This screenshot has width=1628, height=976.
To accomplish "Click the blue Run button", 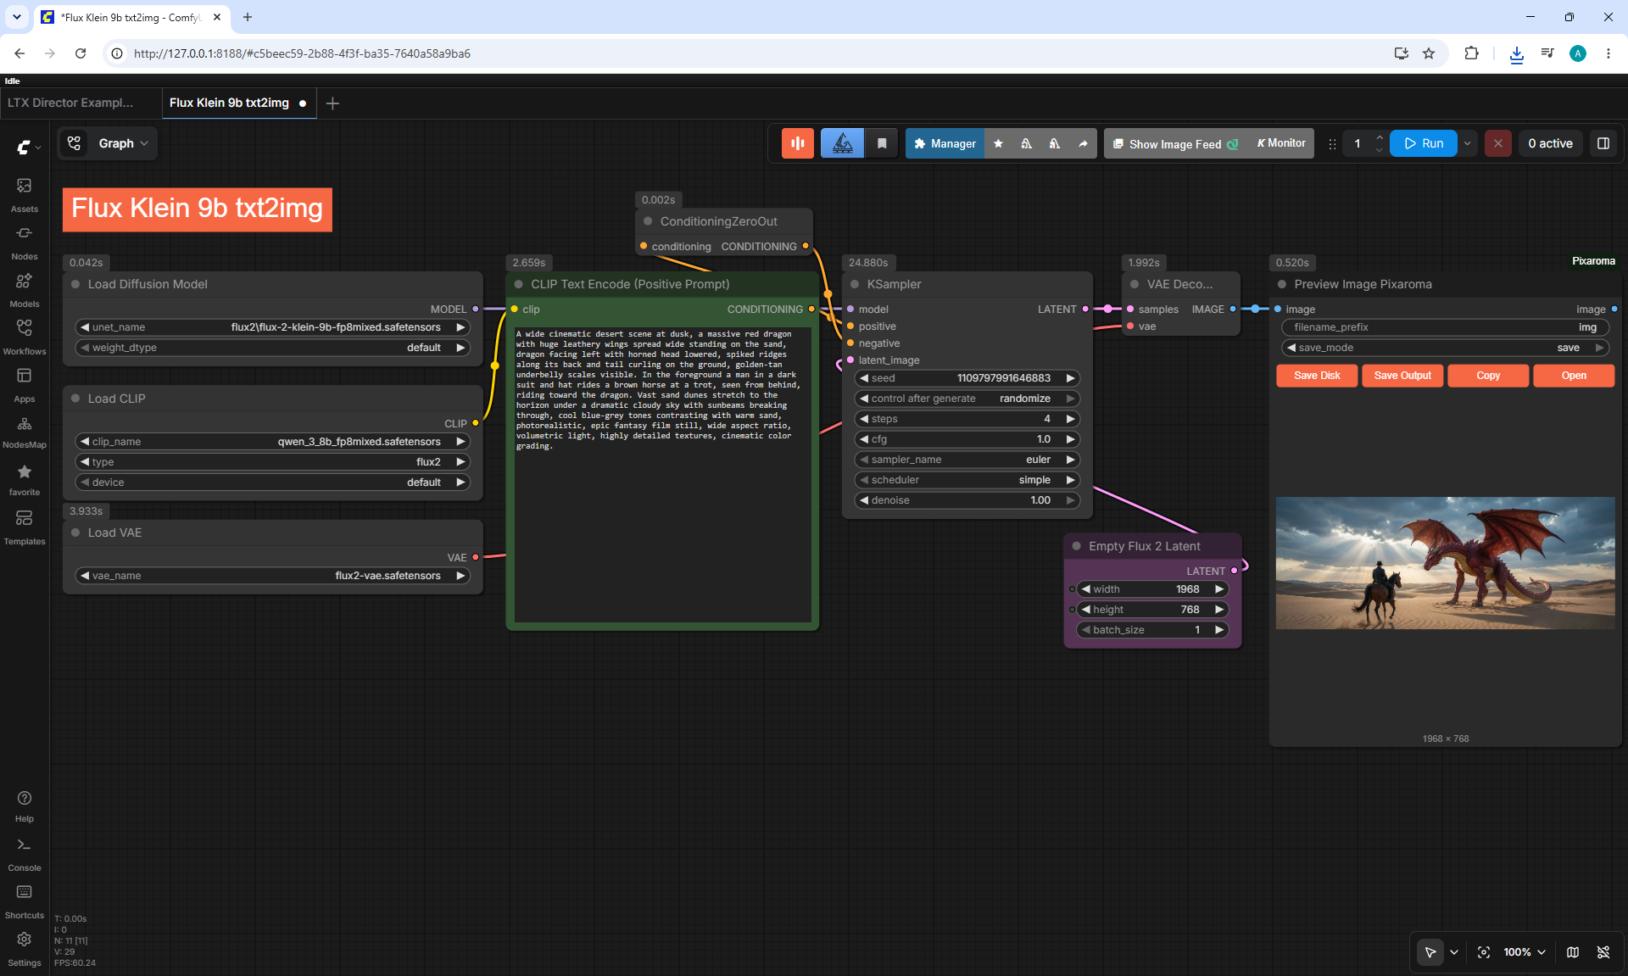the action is coord(1424,143).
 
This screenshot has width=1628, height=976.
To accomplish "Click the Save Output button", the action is coord(1402,376).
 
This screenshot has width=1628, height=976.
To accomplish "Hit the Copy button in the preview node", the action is coord(1488,376).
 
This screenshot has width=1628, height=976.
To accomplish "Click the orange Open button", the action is coord(1574,376).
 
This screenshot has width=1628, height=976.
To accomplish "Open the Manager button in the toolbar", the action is coord(945,143).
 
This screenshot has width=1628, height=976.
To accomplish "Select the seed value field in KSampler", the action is coord(967,378).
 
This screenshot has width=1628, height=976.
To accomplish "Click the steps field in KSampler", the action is coord(967,419).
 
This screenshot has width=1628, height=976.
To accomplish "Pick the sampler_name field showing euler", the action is coord(967,460).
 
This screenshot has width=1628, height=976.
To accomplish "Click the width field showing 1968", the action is coord(1152,589).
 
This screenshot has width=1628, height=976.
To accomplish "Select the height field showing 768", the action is coord(1152,610).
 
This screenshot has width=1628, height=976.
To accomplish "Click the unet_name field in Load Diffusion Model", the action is coord(272,327).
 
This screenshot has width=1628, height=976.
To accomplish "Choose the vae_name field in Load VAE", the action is coord(272,576).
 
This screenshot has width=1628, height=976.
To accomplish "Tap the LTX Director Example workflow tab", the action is coord(70,103).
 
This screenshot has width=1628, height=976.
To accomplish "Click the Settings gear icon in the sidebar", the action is coord(25,940).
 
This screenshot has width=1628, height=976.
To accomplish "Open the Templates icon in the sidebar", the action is coord(25,518).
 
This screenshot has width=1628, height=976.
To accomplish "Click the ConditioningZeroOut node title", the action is coord(718,221).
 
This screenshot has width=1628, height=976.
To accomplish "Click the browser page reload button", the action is coord(81,53).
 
